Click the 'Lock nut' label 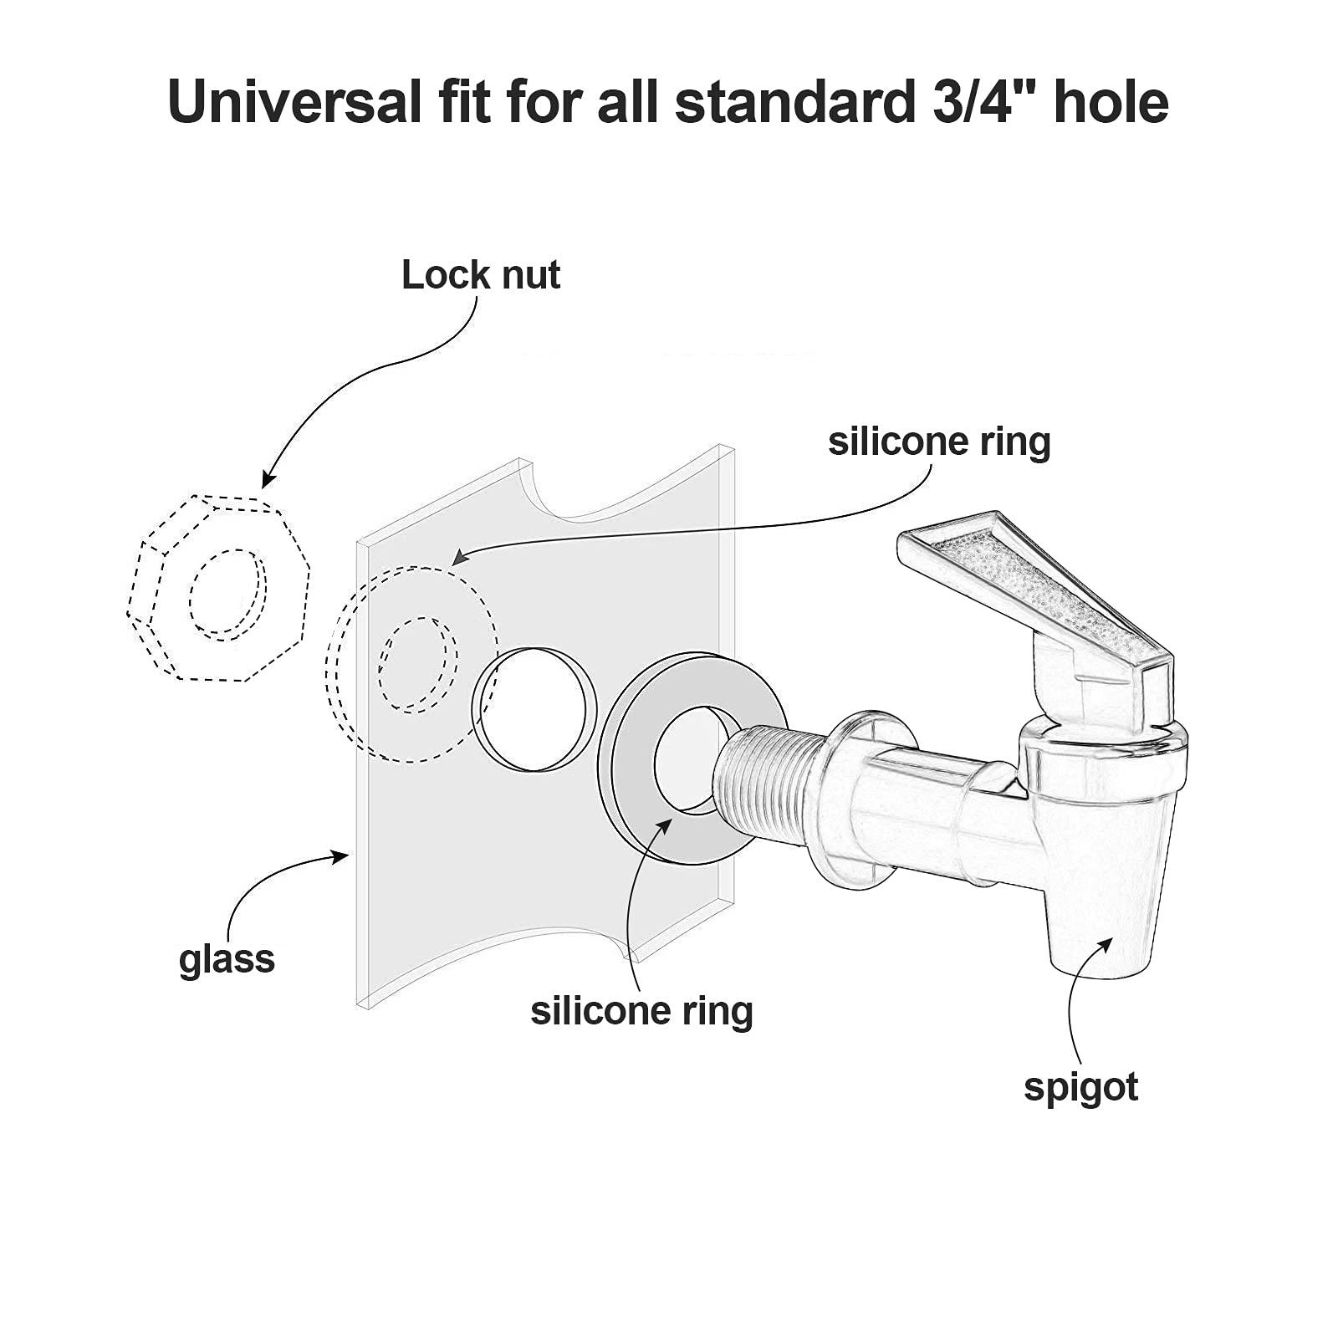(480, 275)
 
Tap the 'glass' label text (227, 958)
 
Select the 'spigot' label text (1080, 1087)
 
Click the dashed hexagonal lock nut (219, 588)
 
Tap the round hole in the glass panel (535, 709)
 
